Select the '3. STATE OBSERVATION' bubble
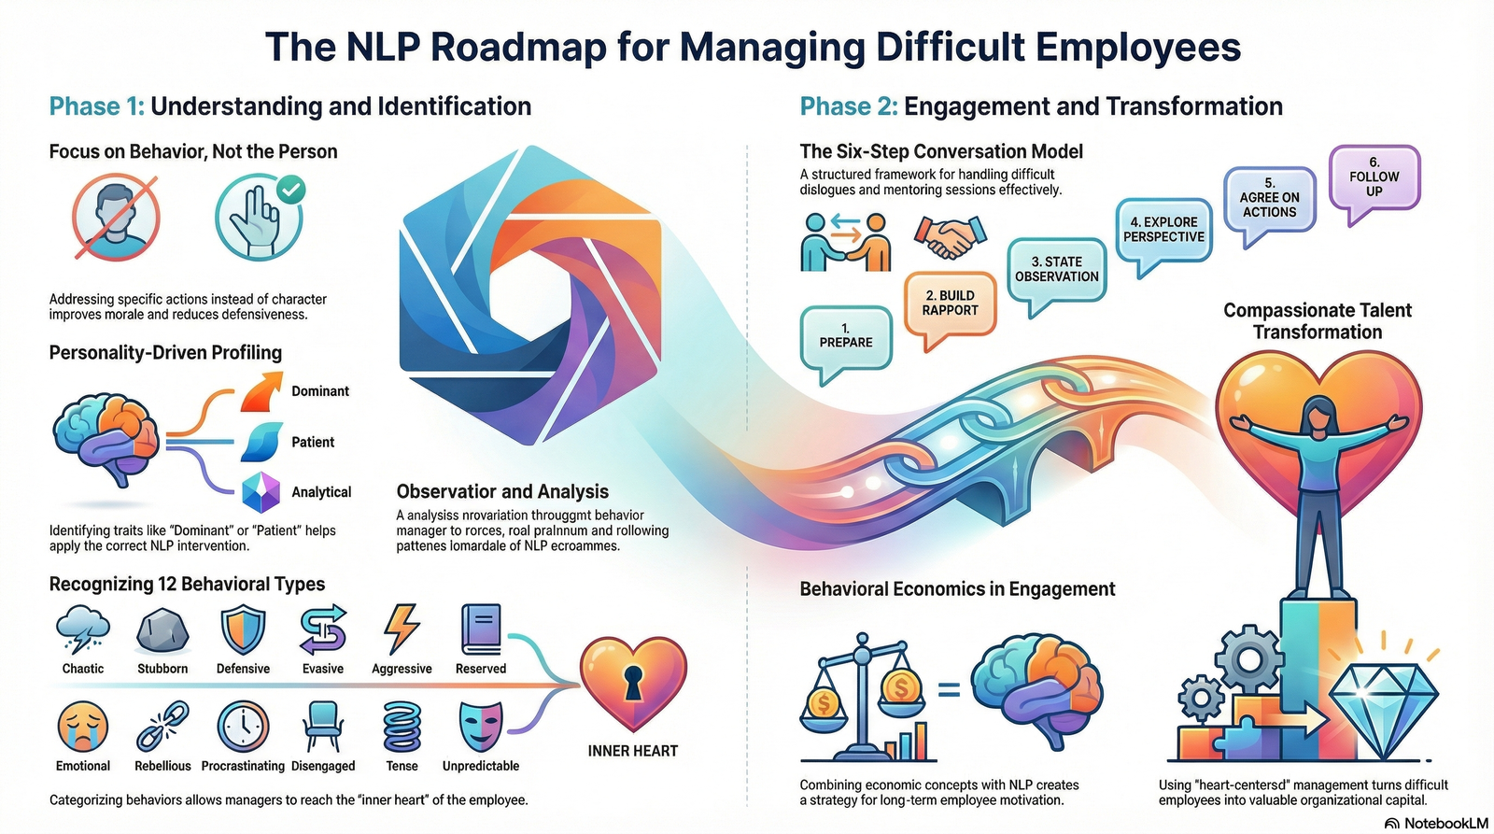(x=1056, y=270)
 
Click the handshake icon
(x=950, y=237)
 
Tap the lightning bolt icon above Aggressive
(x=402, y=628)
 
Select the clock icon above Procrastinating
(x=243, y=727)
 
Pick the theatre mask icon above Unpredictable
(x=481, y=727)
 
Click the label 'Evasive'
(x=323, y=669)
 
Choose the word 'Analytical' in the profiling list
(x=321, y=492)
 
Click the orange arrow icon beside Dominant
(x=261, y=391)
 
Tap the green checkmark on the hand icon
(x=292, y=191)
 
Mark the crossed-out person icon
(x=116, y=219)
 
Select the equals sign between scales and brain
(x=949, y=690)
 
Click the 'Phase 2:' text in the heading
(x=848, y=106)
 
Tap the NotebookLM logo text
(x=1445, y=823)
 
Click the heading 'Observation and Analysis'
(x=502, y=491)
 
